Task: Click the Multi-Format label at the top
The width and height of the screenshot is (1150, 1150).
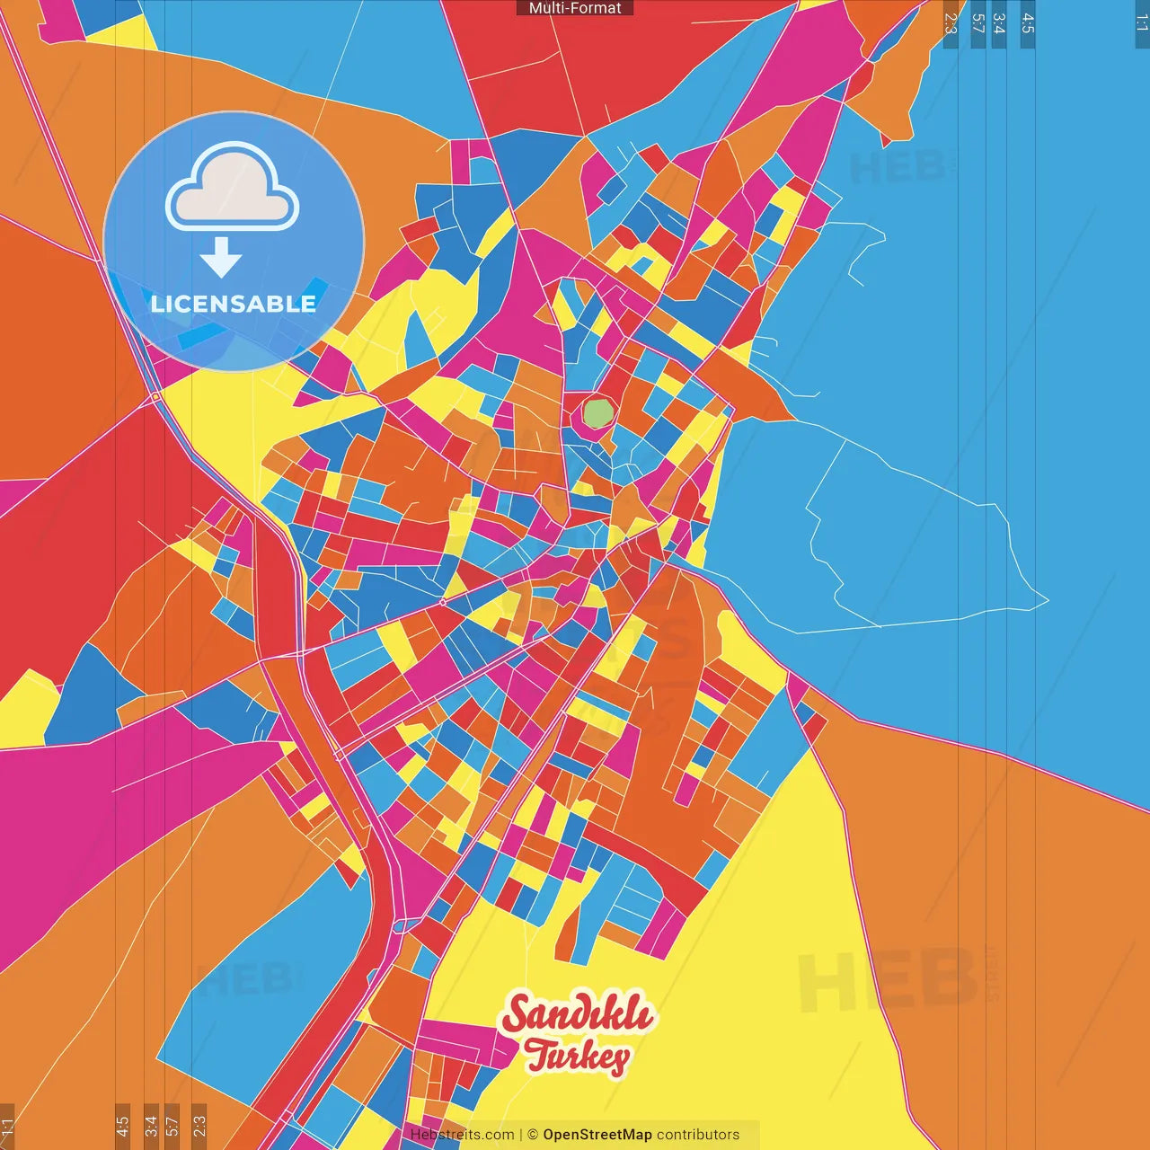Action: [x=575, y=8]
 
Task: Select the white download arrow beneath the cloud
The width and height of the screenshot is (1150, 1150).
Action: [x=221, y=258]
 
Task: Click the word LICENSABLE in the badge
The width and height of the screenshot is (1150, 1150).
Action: [x=234, y=304]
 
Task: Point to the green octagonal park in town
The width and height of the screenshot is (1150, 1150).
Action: [x=597, y=413]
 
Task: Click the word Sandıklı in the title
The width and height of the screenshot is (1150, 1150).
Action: [x=578, y=1015]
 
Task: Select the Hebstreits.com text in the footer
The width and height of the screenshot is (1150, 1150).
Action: [x=462, y=1135]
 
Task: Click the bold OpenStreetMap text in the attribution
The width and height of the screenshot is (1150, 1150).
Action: [x=597, y=1135]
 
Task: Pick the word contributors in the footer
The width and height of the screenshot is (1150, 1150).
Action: [x=698, y=1135]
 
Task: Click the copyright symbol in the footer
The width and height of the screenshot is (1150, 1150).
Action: [x=533, y=1135]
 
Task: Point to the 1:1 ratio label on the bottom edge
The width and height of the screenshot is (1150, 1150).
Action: [x=8, y=1126]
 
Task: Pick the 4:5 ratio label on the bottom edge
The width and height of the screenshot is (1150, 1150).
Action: [x=122, y=1126]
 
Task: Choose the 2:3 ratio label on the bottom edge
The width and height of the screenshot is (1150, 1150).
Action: [x=199, y=1126]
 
